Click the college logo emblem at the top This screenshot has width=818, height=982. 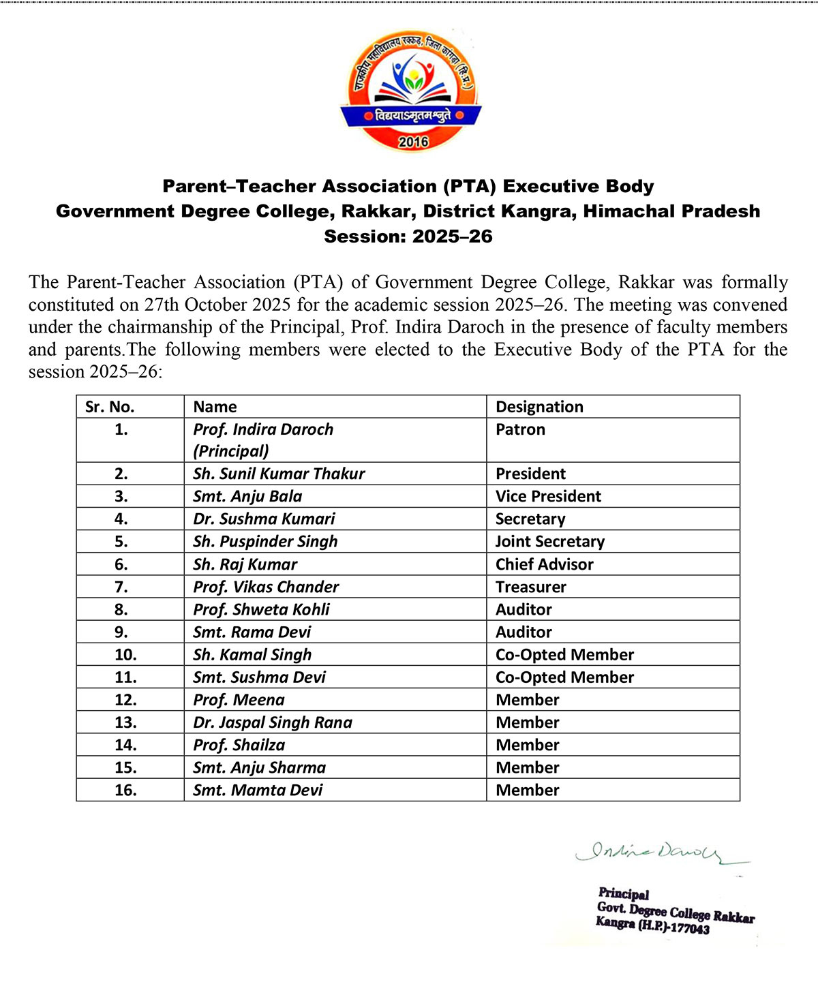coord(411,91)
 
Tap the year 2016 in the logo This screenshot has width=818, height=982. coord(413,142)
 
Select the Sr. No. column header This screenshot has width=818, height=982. coord(110,407)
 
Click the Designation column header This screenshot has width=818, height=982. coord(539,407)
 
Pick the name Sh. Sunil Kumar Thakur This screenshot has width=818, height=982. coord(279,474)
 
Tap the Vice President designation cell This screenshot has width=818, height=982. coord(548,496)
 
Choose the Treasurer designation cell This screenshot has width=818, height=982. coord(530,587)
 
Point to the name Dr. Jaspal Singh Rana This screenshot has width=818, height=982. coord(273,722)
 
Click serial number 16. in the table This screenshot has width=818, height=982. coord(125,790)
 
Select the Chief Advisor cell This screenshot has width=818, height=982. coord(544,564)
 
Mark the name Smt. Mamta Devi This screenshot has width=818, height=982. coord(258,790)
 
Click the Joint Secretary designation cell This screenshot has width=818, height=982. coord(549,542)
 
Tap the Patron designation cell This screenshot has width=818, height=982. coord(520,429)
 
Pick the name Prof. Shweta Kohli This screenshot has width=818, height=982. coord(261,609)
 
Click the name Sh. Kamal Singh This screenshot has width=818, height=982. coord(252,655)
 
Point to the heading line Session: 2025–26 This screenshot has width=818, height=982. coord(408,236)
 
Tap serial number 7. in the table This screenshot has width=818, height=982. coord(121,587)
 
